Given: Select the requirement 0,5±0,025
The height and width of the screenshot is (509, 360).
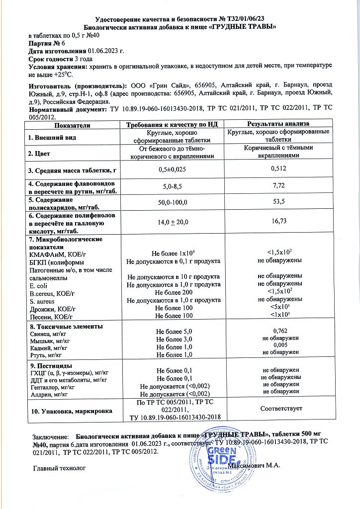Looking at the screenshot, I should (174, 170).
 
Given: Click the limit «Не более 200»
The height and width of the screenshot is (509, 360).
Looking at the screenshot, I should (174, 293).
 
